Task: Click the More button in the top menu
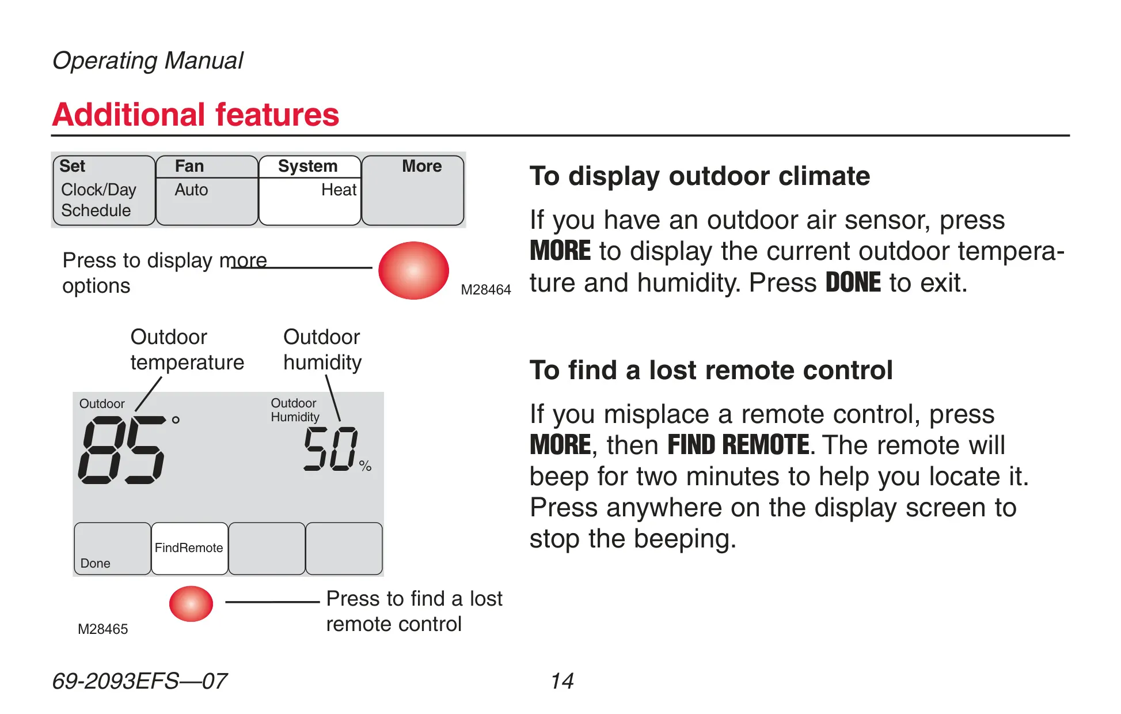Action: tap(412, 190)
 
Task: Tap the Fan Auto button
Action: tap(207, 190)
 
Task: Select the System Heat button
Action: tap(310, 190)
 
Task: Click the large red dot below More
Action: tap(413, 270)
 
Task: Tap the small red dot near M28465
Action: tap(191, 603)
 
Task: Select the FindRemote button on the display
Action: tap(189, 548)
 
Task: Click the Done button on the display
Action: tap(113, 548)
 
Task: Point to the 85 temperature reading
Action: tap(121, 450)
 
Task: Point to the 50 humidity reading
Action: tap(330, 448)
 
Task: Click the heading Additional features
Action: tap(196, 114)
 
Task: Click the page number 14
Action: tap(562, 681)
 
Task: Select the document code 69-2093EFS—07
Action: tap(139, 681)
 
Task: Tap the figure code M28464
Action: tap(486, 289)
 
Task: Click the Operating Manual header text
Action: tap(148, 61)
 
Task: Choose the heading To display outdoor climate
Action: tap(700, 176)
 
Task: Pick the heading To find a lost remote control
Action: tap(711, 370)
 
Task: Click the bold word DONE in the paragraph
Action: tap(853, 282)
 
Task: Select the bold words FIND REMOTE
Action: tap(739, 445)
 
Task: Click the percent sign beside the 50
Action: tap(365, 466)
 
